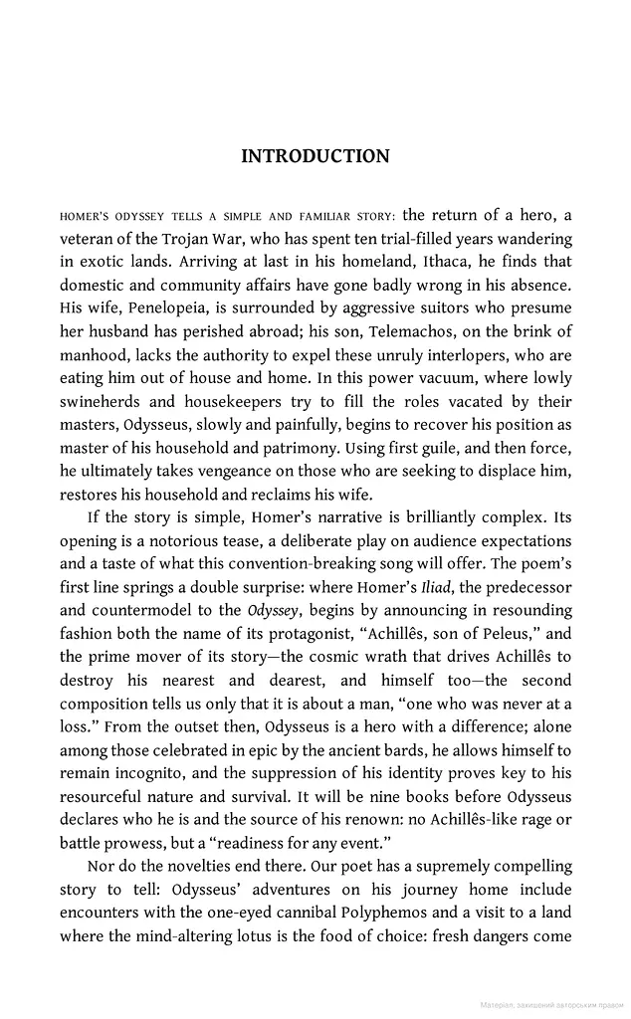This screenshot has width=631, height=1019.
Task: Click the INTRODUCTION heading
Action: click(x=315, y=156)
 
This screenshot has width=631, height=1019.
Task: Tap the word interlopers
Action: click(x=464, y=354)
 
